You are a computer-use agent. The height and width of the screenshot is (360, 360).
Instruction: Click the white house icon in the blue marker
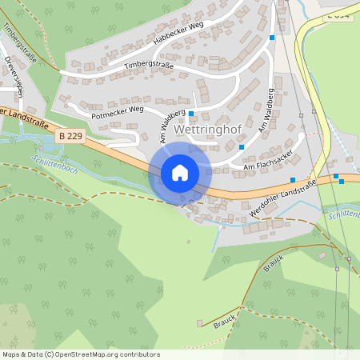180,173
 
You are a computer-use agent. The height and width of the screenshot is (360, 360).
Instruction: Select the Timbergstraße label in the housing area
149,63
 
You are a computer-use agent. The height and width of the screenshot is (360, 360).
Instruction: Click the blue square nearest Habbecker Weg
273,37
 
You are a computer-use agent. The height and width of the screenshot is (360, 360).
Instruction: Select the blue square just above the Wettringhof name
191,114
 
